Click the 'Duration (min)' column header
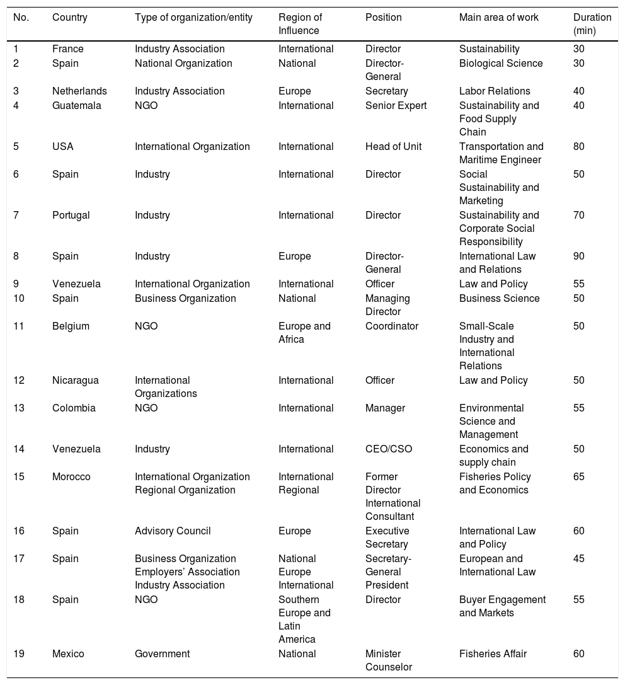point(592,24)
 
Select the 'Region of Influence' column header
point(300,24)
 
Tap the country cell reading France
point(67,49)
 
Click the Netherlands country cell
point(79,91)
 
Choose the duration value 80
point(578,147)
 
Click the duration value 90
point(578,256)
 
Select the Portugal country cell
point(71,216)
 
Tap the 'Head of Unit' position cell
point(393,147)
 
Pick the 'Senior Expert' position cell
point(396,106)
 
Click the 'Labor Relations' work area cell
point(495,91)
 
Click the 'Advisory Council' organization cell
point(173,531)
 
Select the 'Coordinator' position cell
point(391,326)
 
